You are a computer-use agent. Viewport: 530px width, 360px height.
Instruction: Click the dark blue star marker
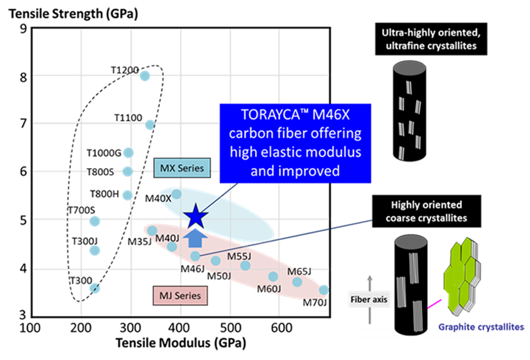[195, 217]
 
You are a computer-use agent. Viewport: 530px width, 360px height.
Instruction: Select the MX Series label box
[182, 168]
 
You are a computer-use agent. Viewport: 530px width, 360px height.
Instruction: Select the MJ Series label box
[180, 296]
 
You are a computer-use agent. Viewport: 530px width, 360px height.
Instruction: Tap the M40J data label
[167, 238]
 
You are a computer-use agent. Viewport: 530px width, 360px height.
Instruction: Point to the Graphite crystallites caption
[482, 327]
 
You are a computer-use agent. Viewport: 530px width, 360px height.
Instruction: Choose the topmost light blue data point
[145, 76]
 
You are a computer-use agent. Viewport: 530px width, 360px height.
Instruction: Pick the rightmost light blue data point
[324, 289]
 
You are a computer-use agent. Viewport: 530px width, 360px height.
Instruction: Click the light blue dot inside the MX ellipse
[176, 194]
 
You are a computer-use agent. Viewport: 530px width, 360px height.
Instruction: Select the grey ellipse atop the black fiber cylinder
[407, 241]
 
